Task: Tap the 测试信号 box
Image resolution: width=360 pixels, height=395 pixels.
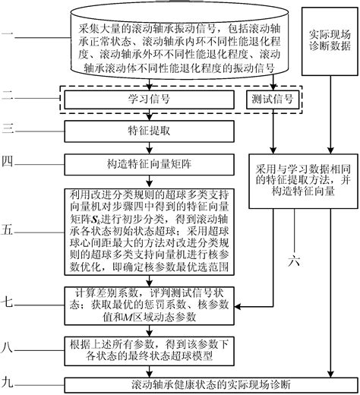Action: tap(271, 99)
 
